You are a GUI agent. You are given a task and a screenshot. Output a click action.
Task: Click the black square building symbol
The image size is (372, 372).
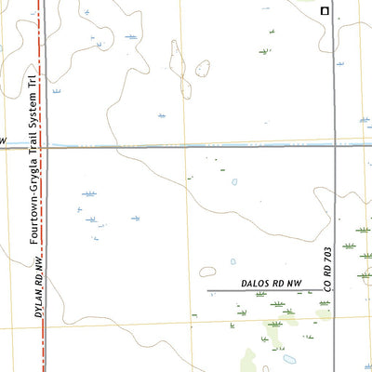click(x=325, y=11)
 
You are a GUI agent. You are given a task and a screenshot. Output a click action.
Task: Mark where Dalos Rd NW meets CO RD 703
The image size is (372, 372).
click(x=335, y=291)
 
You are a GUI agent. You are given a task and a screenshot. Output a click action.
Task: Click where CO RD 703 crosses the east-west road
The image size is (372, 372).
click(x=335, y=145)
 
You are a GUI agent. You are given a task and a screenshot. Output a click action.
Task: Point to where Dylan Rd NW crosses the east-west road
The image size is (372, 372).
click(x=45, y=145)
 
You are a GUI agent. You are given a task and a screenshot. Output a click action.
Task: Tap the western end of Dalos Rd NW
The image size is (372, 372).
click(x=207, y=291)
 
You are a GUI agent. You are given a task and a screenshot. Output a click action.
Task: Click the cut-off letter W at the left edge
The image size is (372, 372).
click(x=3, y=139)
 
